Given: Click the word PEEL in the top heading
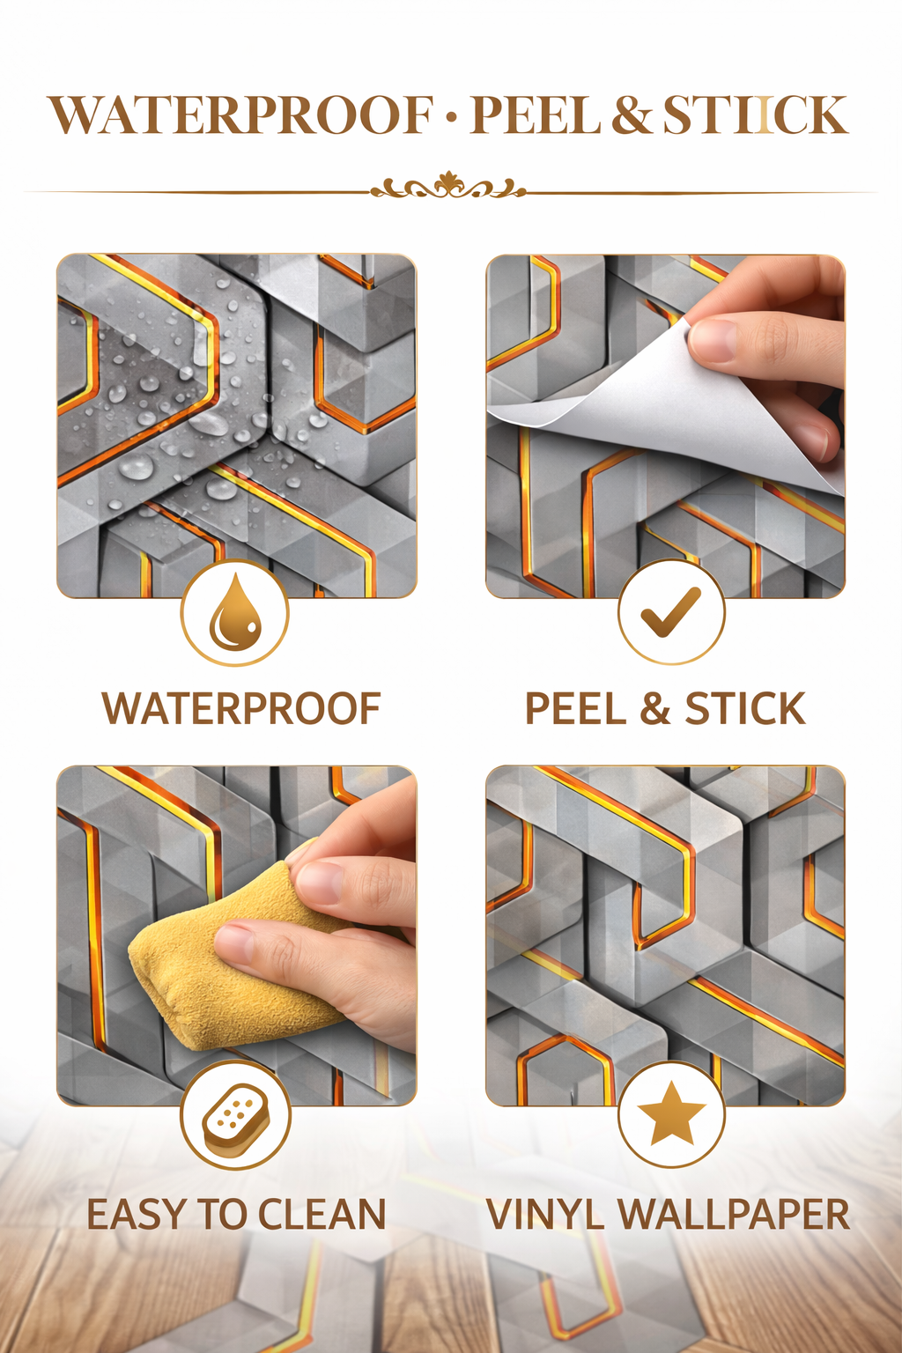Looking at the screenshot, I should tap(536, 116).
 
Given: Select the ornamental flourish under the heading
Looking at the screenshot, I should tap(448, 187).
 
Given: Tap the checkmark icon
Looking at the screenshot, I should tap(670, 612).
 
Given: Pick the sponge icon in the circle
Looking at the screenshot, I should tap(234, 1118).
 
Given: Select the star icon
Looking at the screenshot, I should tap(671, 1115).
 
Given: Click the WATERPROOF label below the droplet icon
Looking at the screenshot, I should tap(241, 709).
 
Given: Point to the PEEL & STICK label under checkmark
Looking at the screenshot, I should tap(665, 709).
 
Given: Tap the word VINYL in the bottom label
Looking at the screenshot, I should tap(544, 1215).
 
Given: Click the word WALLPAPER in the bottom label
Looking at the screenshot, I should tap(733, 1215).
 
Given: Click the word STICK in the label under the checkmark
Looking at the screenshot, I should tap(745, 709).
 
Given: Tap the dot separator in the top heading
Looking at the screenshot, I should tap(452, 118).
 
